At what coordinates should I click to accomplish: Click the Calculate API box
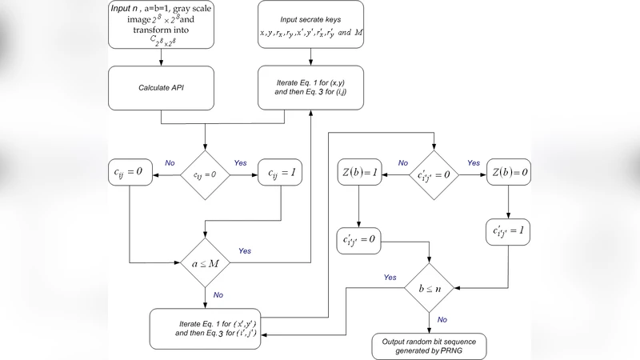(162, 88)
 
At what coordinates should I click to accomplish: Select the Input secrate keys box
(310, 26)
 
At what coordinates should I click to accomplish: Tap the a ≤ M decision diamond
(206, 262)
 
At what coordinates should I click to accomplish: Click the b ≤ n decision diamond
(432, 285)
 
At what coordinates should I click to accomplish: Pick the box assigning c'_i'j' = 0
(360, 238)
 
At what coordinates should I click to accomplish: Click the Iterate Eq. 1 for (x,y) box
(310, 88)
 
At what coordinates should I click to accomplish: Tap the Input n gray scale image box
(162, 26)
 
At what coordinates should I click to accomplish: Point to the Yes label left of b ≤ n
(390, 278)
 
